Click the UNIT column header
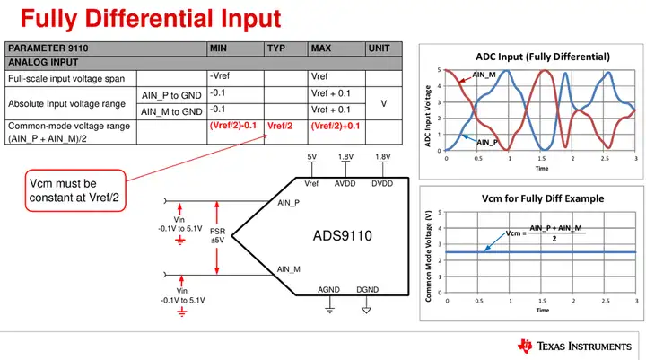[x=378, y=48]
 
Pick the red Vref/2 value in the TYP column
[x=281, y=127]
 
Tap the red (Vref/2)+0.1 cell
[x=335, y=127]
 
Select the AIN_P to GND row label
[x=171, y=96]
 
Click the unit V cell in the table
[x=383, y=103]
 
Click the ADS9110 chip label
[x=342, y=237]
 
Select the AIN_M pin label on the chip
[x=289, y=269]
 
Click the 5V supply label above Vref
[x=312, y=157]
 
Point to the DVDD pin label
[x=383, y=183]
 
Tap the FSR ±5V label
[x=217, y=236]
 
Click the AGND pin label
[x=329, y=290]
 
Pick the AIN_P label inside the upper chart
[x=487, y=142]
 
